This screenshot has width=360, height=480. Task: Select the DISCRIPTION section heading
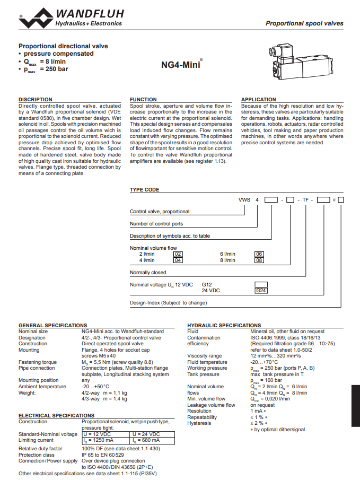pos(36,100)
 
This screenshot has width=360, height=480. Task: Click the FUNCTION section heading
pos(143,100)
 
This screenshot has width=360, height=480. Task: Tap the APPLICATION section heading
pos(259,100)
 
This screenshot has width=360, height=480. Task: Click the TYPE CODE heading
pos(144,190)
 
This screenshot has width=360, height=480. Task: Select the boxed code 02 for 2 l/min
pos(178,254)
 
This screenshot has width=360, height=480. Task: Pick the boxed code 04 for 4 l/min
pos(178,260)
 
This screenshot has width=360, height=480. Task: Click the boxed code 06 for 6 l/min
pos(259,254)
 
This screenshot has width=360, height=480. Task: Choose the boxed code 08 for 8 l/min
pos(259,260)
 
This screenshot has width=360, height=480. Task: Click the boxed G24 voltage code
pos(261,291)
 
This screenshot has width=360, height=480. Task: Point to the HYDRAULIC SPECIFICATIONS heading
pos(224,326)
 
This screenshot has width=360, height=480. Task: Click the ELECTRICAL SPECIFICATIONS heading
pos(56,416)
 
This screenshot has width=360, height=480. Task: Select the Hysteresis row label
pos(199,423)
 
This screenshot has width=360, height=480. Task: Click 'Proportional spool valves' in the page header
pos(304,23)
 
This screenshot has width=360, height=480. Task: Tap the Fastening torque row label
pos(38,362)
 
